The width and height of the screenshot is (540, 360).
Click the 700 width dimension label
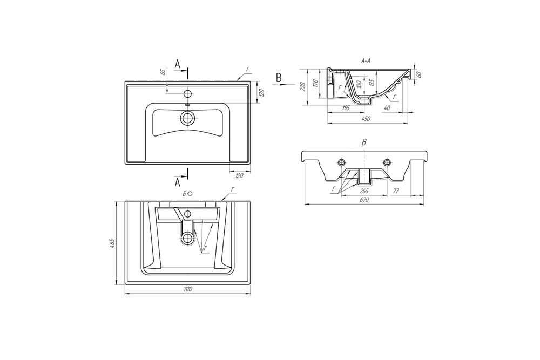click(187, 289)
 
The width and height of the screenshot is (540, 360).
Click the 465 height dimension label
click(111, 243)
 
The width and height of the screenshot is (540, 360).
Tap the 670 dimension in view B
click(364, 200)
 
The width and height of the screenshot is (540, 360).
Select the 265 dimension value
click(364, 191)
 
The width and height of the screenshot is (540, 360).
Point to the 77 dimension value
click(396, 191)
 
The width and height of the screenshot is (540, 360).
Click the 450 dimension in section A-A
click(366, 119)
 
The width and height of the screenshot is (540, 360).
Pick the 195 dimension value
click(346, 108)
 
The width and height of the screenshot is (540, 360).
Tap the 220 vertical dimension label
click(303, 86)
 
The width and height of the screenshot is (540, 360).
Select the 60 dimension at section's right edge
click(419, 74)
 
